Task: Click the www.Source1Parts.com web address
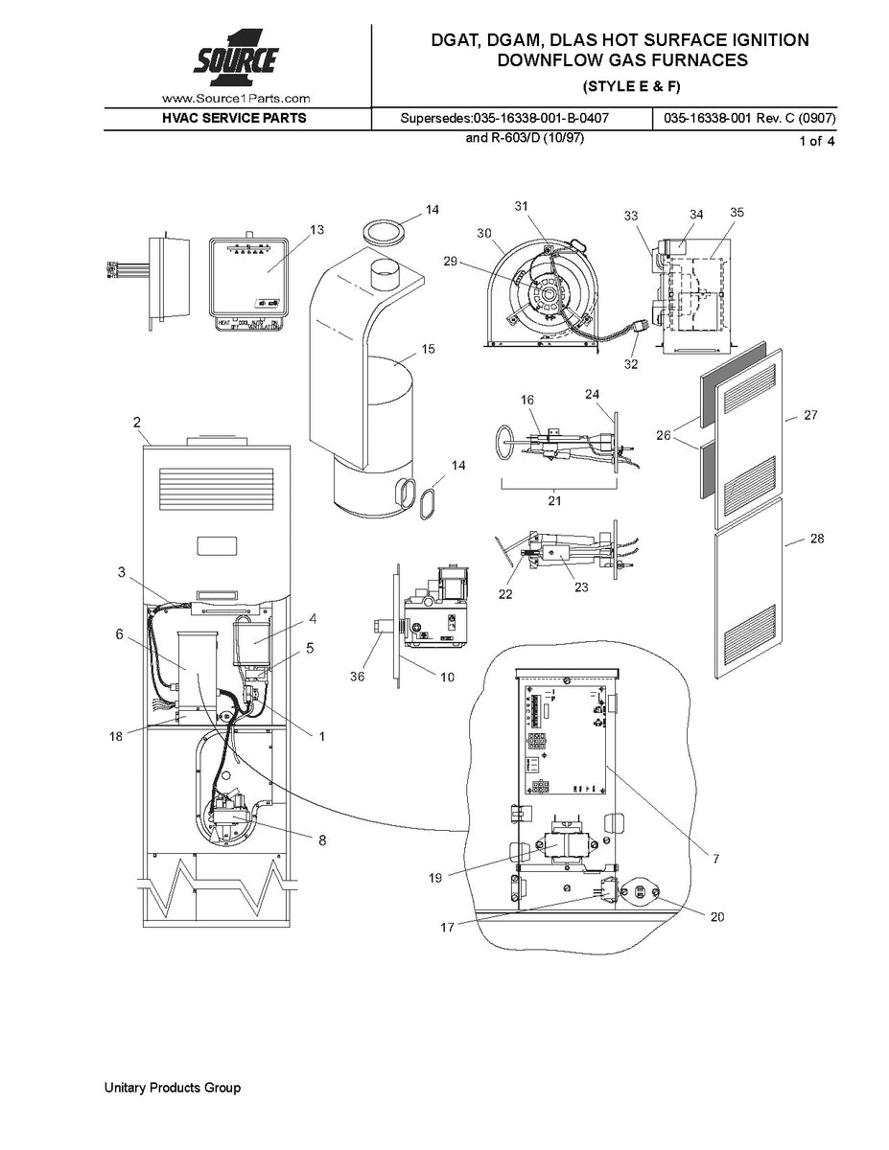click(236, 98)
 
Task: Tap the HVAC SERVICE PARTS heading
click(235, 119)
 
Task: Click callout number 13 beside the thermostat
click(316, 229)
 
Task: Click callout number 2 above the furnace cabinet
click(136, 422)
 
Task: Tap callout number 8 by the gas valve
click(321, 839)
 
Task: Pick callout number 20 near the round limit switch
click(717, 916)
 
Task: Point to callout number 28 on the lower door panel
click(816, 540)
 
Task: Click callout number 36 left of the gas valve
click(358, 676)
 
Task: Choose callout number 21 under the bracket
click(553, 500)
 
